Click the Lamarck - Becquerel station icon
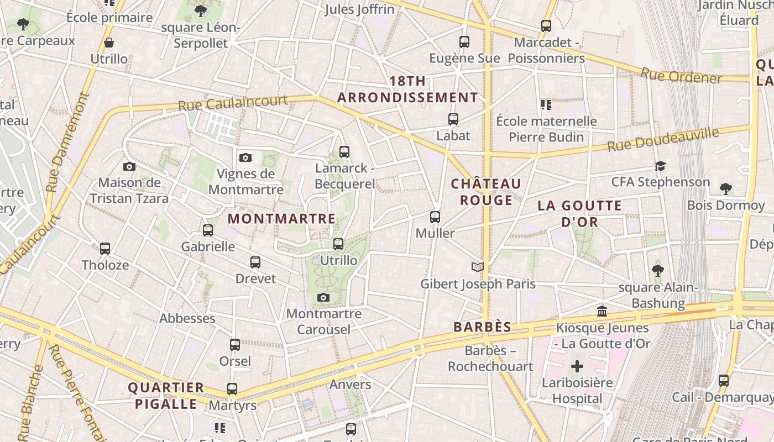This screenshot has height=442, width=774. tap(344, 151)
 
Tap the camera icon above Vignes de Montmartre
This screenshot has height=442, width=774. tap(245, 158)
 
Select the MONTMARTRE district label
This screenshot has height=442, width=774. tap(281, 219)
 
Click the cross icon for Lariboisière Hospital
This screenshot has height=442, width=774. tap(577, 366)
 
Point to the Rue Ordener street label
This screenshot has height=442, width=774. tap(681, 76)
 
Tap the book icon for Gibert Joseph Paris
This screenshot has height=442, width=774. tap(478, 267)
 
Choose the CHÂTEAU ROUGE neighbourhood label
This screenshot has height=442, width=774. tap(486, 192)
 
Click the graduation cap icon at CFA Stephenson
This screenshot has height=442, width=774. tap(660, 166)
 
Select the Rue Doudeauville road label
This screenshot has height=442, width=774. tap(663, 140)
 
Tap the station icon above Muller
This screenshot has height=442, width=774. tap(435, 217)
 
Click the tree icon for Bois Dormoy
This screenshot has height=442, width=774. tap(725, 189)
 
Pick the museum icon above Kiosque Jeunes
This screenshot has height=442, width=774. tap(602, 312)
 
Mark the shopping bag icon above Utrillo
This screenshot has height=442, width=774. tap(109, 43)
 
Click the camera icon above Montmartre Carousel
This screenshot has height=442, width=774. tap(323, 298)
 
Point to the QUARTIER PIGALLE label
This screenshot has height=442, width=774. tap(166, 396)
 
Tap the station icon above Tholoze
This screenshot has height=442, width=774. tap(105, 249)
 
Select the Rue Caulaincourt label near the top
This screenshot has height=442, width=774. tap(233, 103)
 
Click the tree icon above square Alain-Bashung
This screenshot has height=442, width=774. tap(657, 270)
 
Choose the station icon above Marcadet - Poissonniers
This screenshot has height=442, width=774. tap(546, 25)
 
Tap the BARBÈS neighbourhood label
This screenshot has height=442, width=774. tap(482, 327)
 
